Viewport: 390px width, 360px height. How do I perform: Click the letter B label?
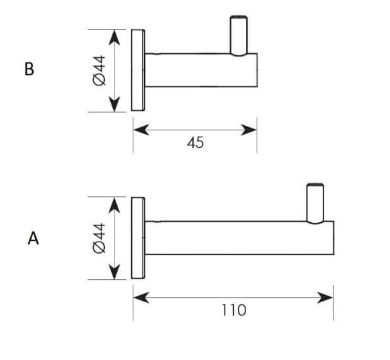point(30,69)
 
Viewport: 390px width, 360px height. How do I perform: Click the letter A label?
point(33,239)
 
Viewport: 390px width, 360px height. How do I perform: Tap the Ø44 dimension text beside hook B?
point(99,70)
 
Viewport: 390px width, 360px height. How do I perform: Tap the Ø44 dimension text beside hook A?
point(99,238)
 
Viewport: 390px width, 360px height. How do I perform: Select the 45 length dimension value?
point(196,143)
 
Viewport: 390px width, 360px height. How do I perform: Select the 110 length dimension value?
point(234,310)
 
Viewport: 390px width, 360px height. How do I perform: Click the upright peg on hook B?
point(238,35)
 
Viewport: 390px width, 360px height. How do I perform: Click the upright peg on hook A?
point(315,203)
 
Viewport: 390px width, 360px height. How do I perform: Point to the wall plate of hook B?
point(138,70)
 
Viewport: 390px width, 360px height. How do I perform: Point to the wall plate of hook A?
point(138,238)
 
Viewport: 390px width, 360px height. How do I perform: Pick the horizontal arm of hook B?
point(201,70)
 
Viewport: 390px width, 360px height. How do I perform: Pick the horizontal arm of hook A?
point(239,238)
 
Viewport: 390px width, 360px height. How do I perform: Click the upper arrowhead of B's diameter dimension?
point(114,38)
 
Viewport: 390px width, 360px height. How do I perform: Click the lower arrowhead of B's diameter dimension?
point(114,104)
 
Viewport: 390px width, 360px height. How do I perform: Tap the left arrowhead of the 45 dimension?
point(142,130)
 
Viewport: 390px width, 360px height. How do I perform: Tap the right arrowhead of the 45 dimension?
point(248,130)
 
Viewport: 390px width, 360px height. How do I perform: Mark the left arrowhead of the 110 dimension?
point(142,298)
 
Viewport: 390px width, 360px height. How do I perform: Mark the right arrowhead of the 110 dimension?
point(325,298)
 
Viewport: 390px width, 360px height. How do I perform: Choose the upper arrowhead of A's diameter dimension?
point(114,205)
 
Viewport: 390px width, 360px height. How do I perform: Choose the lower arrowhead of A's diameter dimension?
point(114,272)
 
